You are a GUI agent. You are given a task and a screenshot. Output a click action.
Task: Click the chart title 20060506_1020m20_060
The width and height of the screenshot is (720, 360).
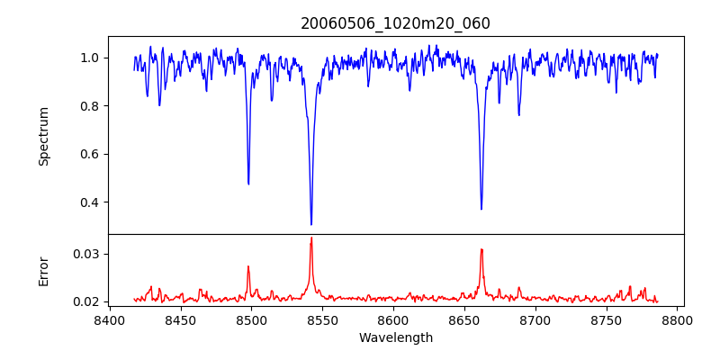pos(395,23)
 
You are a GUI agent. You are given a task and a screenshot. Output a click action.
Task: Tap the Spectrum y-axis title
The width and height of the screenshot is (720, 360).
pos(43,136)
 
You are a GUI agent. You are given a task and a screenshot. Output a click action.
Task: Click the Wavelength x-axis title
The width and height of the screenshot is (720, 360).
pos(395,338)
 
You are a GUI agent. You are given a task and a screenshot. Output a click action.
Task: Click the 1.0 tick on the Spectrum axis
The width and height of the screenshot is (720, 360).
pos(90,58)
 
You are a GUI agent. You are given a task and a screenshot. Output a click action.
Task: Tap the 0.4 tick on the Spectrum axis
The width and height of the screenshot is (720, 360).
pos(90,202)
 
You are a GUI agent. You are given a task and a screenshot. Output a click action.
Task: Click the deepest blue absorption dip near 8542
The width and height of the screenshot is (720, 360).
pos(311,224)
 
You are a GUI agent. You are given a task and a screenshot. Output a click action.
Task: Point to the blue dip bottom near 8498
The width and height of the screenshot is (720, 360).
pos(248,184)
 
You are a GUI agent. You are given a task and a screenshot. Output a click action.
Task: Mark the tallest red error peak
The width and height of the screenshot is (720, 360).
pos(311,238)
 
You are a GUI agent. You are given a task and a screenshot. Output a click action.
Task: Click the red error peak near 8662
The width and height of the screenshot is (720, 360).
pos(481,249)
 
